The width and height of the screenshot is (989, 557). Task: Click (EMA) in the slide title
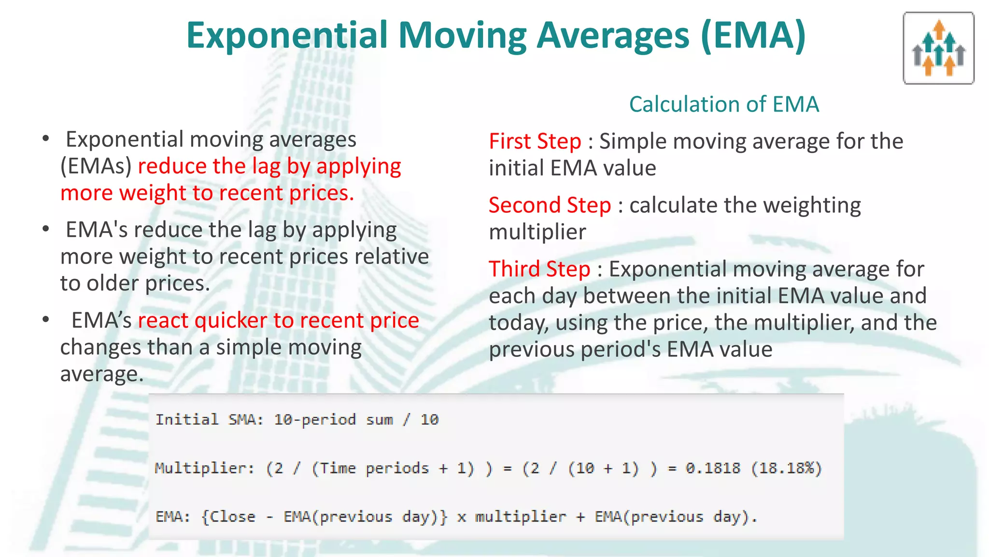click(753, 36)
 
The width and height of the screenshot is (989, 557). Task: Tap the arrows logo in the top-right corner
click(938, 48)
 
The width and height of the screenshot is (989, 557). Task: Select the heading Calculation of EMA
click(723, 104)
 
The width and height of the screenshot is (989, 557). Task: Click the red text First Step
click(535, 142)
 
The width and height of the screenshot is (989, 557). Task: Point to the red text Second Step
click(550, 205)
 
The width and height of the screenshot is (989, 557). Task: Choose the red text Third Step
click(539, 269)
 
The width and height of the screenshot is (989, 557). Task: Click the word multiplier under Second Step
click(537, 232)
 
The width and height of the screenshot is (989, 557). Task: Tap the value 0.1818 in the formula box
click(713, 468)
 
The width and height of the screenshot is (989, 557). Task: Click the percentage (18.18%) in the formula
click(787, 468)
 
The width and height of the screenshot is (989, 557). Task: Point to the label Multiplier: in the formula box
click(205, 468)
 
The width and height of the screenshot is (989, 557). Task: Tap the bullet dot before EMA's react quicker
click(46, 320)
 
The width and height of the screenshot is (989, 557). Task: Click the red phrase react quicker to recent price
click(278, 321)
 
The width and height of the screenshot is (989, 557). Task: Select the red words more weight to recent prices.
click(207, 193)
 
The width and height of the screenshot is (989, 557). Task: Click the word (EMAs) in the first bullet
click(96, 166)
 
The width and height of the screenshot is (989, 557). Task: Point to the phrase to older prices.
click(135, 283)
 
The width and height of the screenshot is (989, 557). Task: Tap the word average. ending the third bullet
click(101, 374)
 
